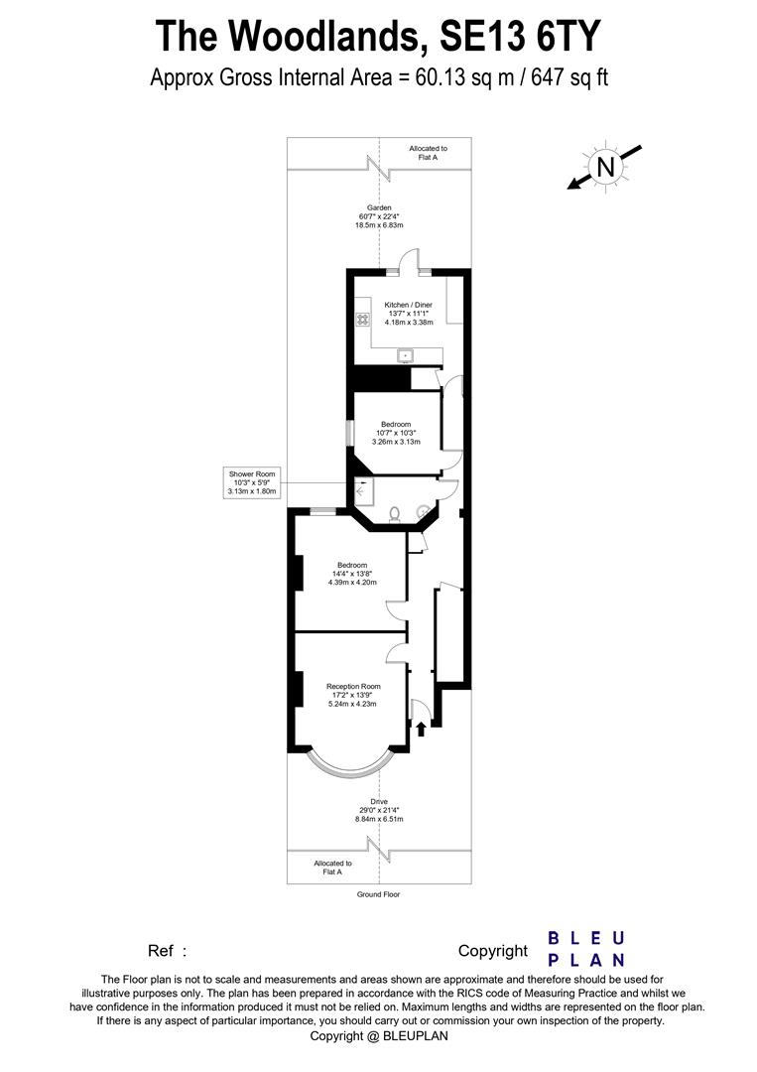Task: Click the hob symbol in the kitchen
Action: pyautogui.click(x=362, y=320)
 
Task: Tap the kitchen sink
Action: pyautogui.click(x=407, y=353)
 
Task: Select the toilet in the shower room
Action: pyautogui.click(x=395, y=513)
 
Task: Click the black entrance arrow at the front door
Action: pyautogui.click(x=421, y=730)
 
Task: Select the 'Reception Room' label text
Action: pyautogui.click(x=353, y=686)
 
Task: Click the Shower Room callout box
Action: pyautogui.click(x=253, y=482)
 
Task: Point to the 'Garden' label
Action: pyautogui.click(x=377, y=207)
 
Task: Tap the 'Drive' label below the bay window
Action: pyautogui.click(x=379, y=801)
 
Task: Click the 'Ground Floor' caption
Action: pyautogui.click(x=378, y=894)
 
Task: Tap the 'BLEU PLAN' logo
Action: pyautogui.click(x=586, y=949)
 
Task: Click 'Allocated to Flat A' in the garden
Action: pyautogui.click(x=428, y=153)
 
